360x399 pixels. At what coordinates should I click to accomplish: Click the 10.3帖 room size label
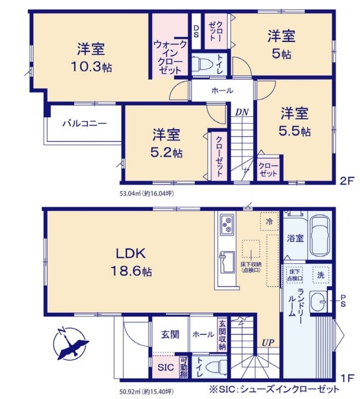point(91,67)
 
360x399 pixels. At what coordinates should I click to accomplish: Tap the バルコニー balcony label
point(84,124)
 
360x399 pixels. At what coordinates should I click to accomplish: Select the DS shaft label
point(196,31)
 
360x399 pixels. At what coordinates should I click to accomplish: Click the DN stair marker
point(242,112)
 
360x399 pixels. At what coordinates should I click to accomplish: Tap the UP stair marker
point(268,343)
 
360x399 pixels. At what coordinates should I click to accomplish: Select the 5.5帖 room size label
point(295,131)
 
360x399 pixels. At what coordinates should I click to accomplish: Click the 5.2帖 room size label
point(166,153)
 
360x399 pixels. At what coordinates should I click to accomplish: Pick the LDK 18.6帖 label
point(131,262)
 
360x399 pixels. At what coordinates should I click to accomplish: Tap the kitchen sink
point(227,262)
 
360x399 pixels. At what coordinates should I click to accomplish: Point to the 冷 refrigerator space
point(269,221)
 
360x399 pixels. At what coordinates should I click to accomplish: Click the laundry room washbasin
point(318,302)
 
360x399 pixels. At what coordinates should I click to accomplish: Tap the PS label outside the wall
point(343,301)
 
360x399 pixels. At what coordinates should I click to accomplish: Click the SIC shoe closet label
point(166,367)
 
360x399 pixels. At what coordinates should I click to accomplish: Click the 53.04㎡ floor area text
point(147,194)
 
